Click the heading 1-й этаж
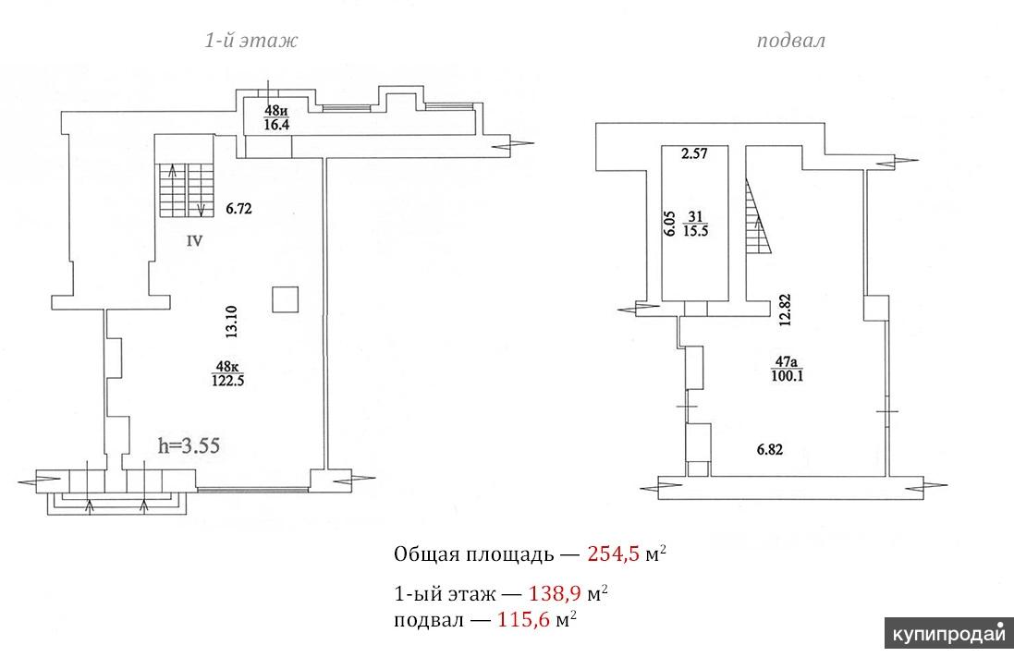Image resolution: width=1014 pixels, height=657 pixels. point(251,41)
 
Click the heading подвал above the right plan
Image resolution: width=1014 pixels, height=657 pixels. point(791,41)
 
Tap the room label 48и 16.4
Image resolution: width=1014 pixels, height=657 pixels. point(276,117)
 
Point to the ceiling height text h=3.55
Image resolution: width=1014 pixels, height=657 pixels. point(189,445)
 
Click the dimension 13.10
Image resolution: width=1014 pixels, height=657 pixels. point(231,322)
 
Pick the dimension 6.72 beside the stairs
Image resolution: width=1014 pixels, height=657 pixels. point(238,209)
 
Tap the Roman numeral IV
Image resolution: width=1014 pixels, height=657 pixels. point(194,241)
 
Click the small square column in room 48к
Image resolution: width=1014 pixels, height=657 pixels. point(285,299)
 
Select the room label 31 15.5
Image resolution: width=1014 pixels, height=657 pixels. point(695,224)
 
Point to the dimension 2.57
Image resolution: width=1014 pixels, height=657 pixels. point(694,154)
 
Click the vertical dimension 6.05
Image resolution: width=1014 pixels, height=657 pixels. point(670,224)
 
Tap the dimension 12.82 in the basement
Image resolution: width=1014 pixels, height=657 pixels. point(785,310)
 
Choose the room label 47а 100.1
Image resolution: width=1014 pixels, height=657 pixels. point(787,369)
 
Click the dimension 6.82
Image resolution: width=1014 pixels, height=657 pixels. point(770,449)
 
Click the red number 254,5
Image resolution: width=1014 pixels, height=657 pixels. point(613,554)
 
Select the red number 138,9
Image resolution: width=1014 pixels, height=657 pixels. point(555,593)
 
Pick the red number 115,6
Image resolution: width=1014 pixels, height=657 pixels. point(523,619)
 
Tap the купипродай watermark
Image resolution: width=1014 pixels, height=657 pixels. point(948,634)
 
